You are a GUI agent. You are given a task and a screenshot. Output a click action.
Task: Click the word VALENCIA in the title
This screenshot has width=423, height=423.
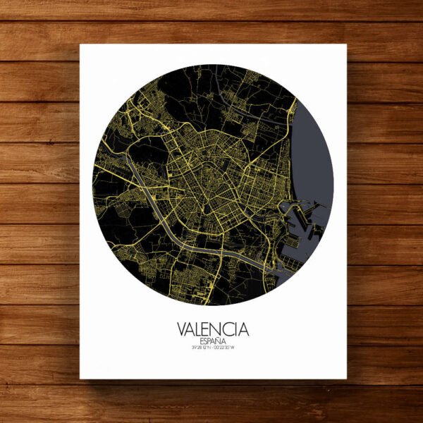[214, 329]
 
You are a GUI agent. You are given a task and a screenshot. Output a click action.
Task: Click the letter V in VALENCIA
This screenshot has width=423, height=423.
[183, 329]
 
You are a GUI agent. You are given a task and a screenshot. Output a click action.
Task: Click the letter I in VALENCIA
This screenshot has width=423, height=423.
[236, 329]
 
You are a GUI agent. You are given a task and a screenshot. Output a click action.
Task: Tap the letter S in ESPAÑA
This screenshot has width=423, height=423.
[205, 341]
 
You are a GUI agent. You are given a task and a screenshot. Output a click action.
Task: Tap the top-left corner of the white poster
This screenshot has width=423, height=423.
[80, 45]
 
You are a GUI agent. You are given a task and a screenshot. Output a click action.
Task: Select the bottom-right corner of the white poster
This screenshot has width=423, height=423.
[347, 379]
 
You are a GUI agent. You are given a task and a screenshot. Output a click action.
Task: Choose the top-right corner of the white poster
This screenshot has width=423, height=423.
[347, 45]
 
